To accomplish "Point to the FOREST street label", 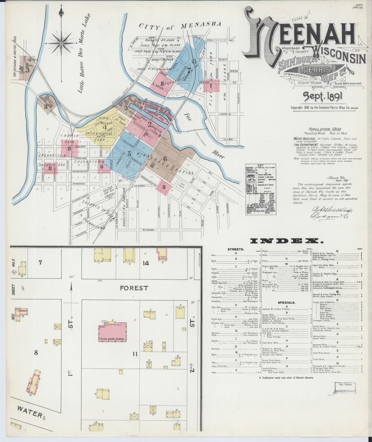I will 134,288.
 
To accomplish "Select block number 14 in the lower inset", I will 146,263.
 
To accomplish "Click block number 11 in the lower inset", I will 135,354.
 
